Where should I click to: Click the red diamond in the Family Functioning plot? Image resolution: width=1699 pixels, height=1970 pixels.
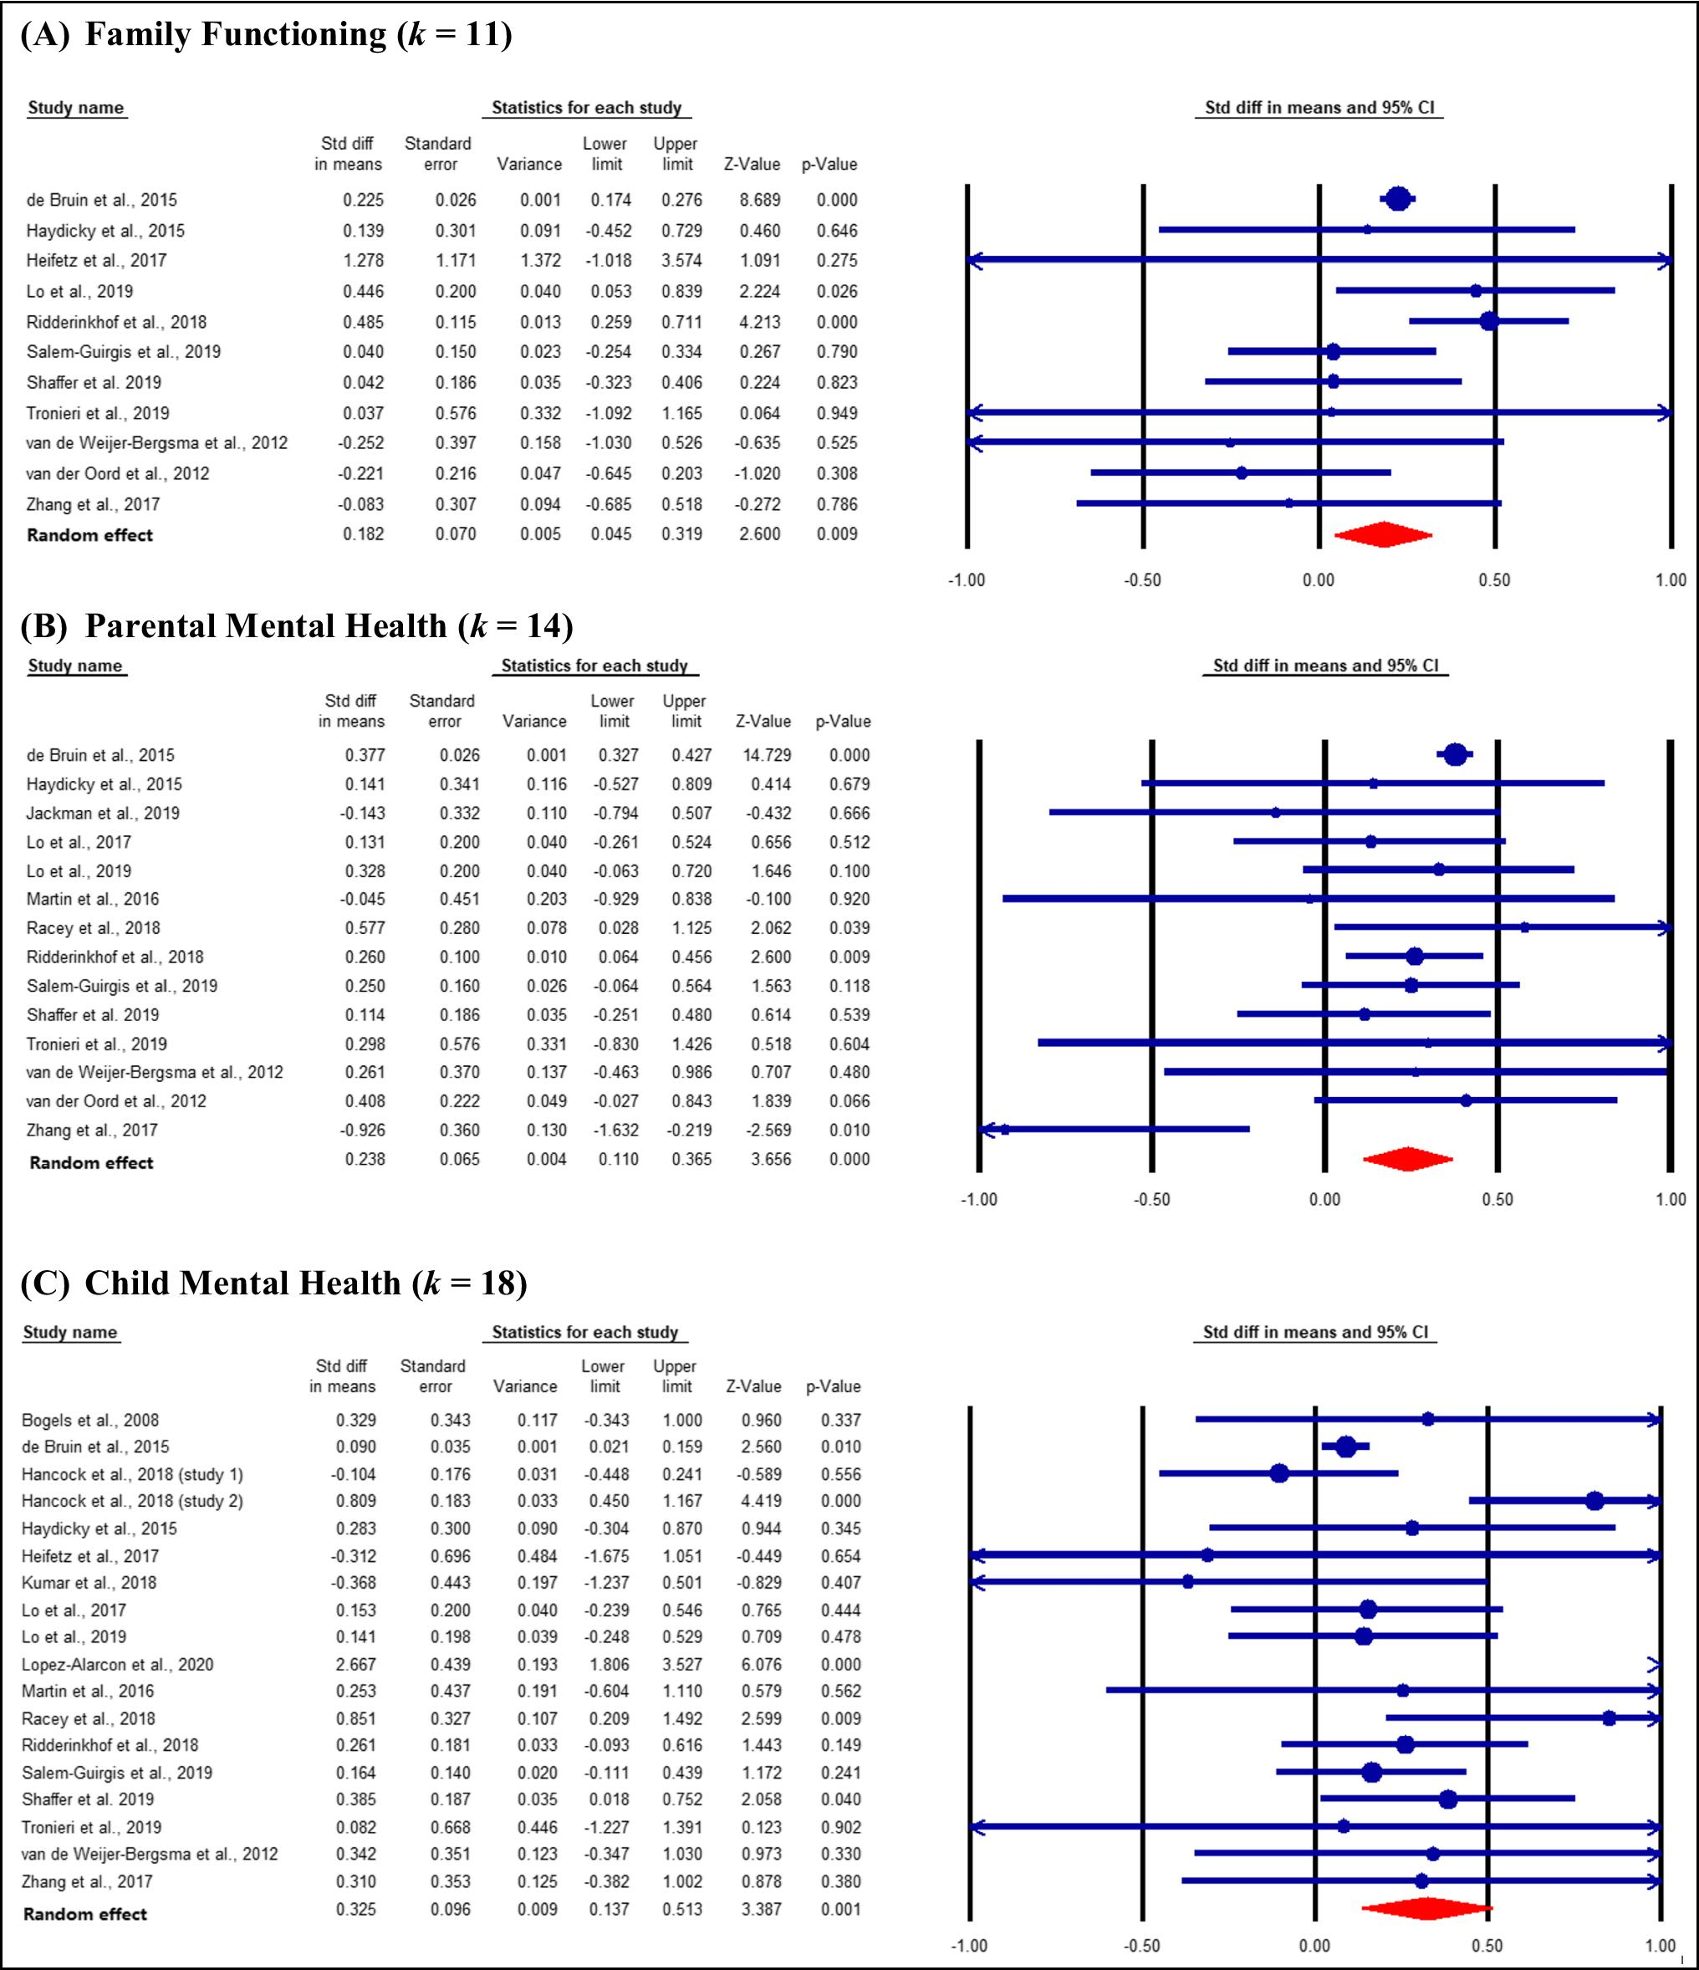tap(1382, 535)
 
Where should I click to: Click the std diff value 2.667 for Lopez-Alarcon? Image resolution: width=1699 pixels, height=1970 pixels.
tap(355, 1664)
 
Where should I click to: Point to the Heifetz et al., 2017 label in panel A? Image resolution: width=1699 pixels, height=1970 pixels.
tap(96, 261)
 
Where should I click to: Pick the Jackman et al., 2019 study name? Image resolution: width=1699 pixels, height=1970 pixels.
tap(103, 813)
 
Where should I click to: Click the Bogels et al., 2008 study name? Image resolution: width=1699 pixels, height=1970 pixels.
tap(90, 1421)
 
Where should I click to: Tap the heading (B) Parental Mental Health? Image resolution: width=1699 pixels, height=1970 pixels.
tap(297, 625)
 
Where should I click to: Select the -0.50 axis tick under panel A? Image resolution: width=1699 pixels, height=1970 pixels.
tap(1142, 580)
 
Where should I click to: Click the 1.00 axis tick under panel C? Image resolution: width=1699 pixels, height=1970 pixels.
tap(1660, 1945)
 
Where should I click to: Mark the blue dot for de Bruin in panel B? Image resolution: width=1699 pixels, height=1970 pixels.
tap(1455, 755)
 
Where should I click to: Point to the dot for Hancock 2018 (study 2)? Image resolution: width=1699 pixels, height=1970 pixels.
tap(1594, 1501)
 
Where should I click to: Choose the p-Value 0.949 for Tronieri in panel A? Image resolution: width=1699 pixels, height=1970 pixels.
tap(837, 412)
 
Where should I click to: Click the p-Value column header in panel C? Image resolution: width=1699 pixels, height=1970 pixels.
tap(833, 1386)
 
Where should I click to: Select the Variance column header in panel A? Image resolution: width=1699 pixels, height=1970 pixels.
tap(528, 164)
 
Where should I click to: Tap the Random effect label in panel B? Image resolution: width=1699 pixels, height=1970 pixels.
tap(91, 1161)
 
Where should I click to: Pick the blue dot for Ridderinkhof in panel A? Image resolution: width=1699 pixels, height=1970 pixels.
tap(1489, 321)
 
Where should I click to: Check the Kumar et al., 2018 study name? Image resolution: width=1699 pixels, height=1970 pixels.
tap(89, 1582)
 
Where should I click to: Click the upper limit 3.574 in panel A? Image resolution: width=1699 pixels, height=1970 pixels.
tap(681, 261)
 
